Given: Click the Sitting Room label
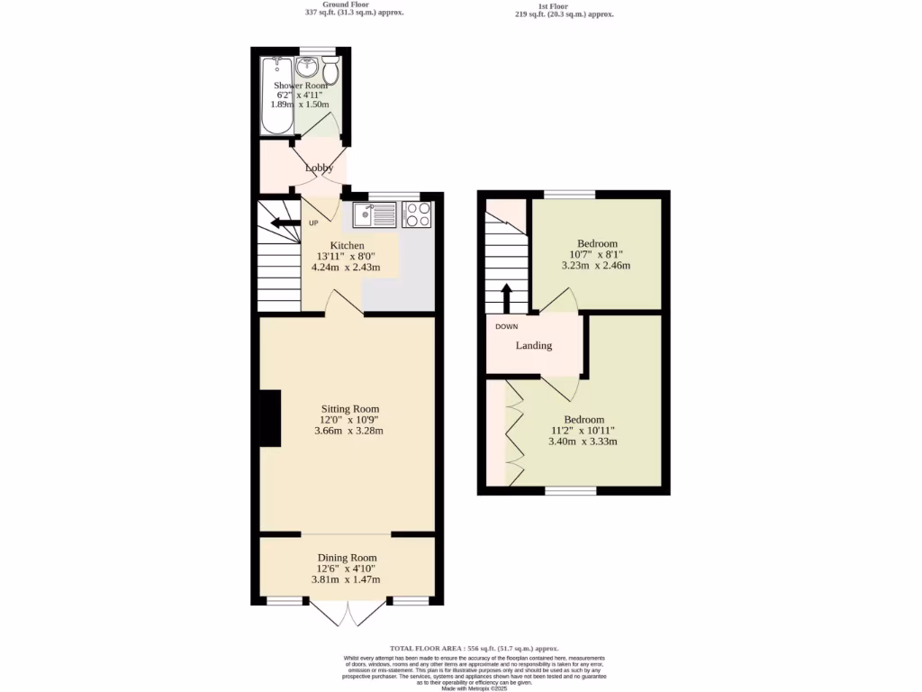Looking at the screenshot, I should point(348,408).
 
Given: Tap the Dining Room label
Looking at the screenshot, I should point(347,558).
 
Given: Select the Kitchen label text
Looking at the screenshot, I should point(347,245).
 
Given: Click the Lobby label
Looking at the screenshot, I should point(319,168).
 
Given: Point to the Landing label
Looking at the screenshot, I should point(533,345).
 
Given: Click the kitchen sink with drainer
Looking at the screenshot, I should point(375,214).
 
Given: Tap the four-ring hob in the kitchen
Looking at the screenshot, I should point(418,214).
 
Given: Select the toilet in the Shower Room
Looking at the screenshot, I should point(330,70).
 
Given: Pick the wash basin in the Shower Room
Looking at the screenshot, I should point(306,68).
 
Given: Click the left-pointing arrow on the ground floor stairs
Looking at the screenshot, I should point(285,223).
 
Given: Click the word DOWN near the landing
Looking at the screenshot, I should point(506,326).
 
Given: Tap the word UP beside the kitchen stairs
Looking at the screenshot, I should point(314,223).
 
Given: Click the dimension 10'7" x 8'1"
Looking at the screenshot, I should point(597,255).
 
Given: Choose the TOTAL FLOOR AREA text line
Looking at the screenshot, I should point(474,648).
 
